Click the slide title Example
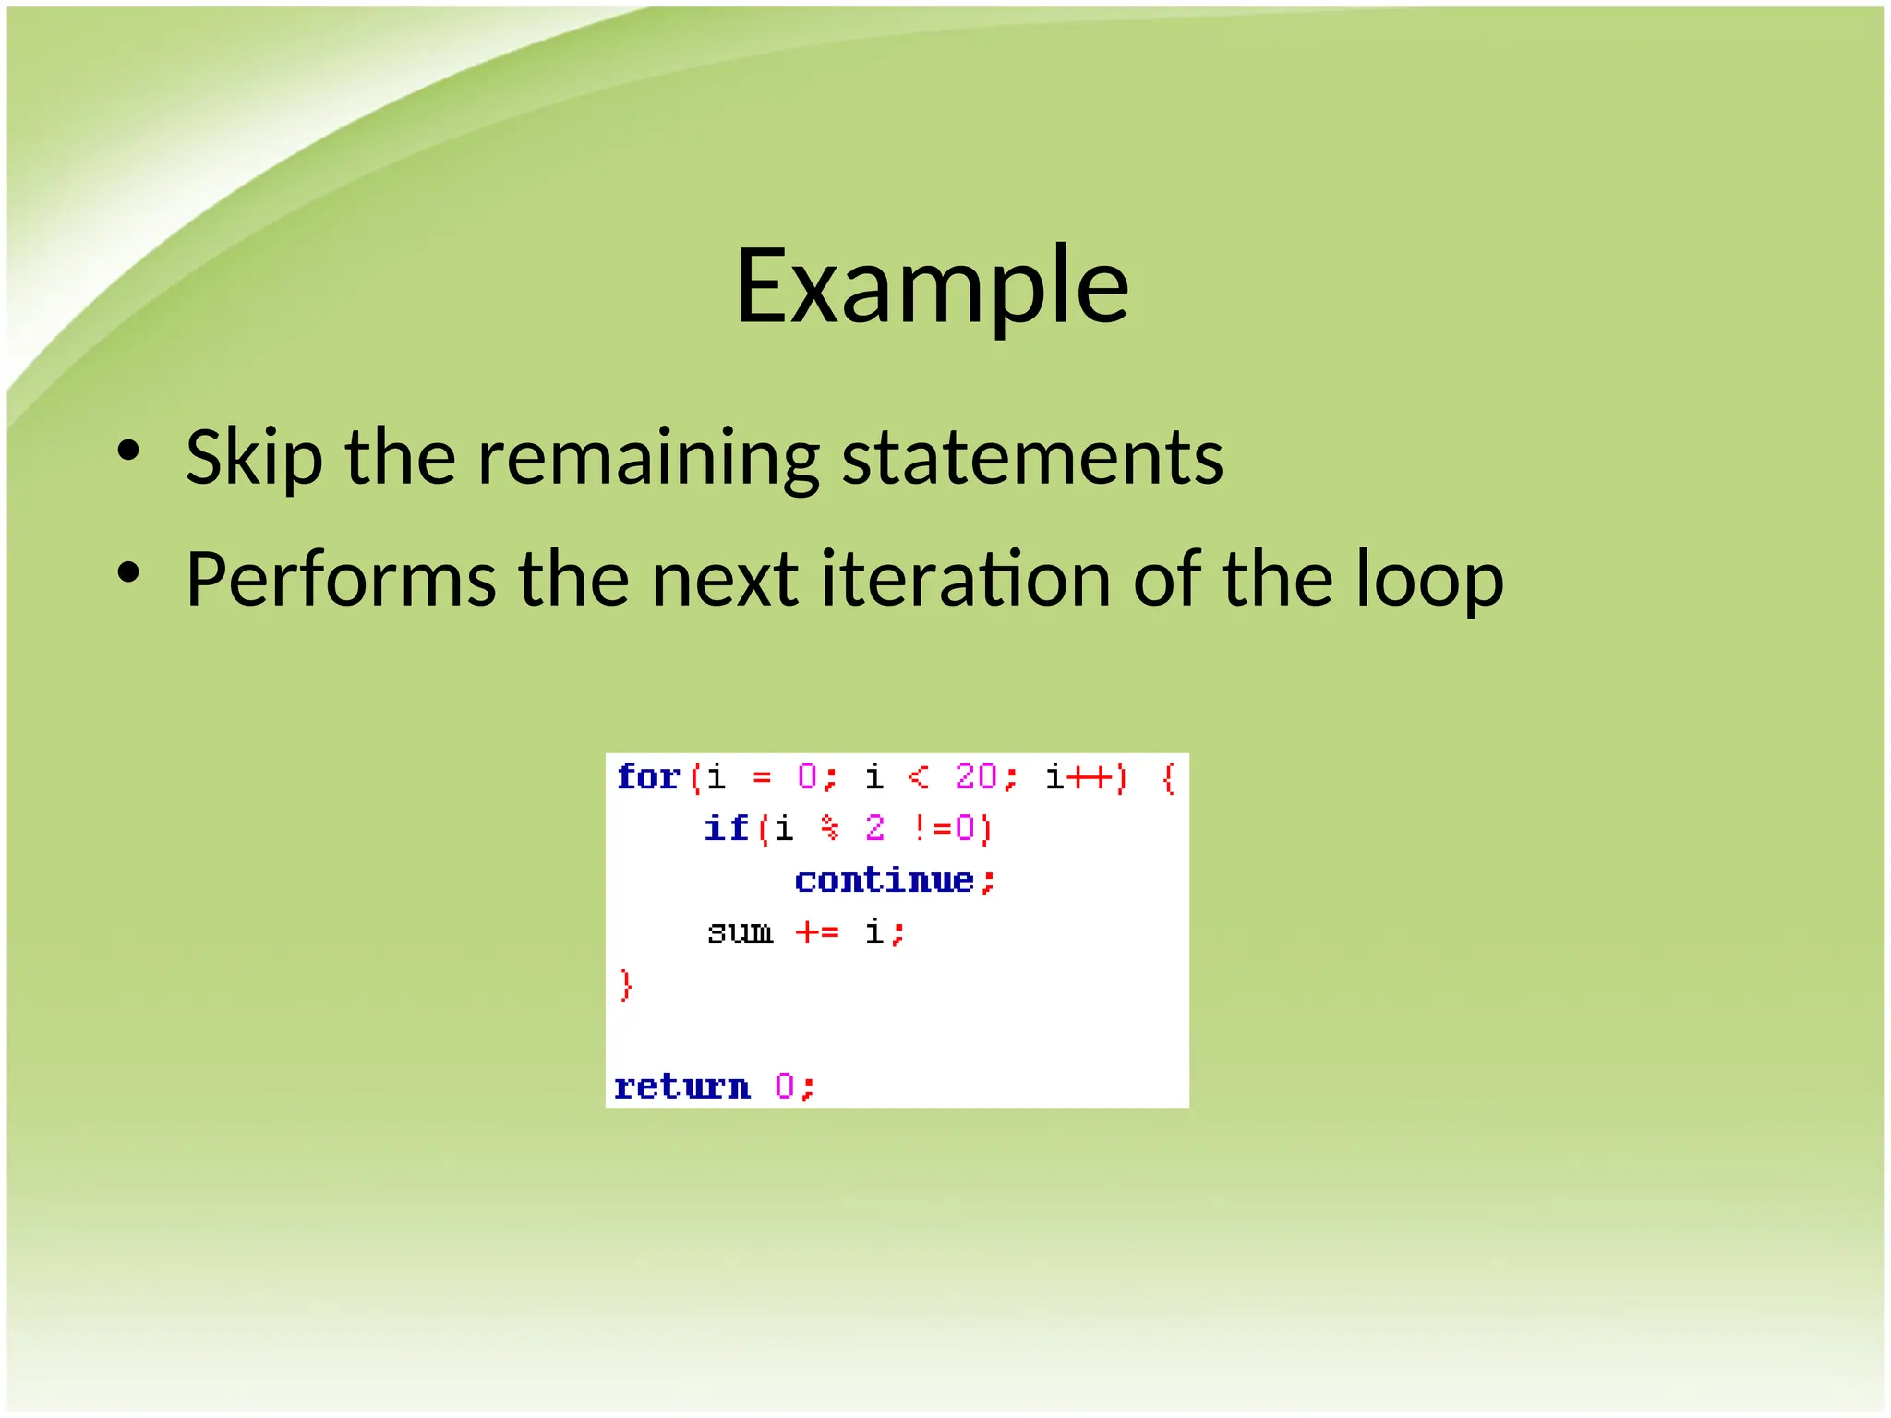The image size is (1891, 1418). point(932,286)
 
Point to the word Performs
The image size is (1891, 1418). point(341,580)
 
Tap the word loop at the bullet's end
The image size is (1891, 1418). point(1429,580)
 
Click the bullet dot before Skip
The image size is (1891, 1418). point(128,451)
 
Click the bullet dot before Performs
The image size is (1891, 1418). point(128,573)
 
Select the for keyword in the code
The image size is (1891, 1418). point(648,776)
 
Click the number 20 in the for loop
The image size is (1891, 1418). point(976,776)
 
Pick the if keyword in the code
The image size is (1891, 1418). point(726,828)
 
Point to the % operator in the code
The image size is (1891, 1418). point(830,828)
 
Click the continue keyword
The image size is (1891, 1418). point(884,880)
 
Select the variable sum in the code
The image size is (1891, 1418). point(740,931)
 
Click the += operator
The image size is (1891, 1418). point(817,931)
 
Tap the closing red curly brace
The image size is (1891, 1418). point(626,984)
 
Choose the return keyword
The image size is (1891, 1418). point(682,1087)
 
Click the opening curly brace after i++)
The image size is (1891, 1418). point(1168,777)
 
